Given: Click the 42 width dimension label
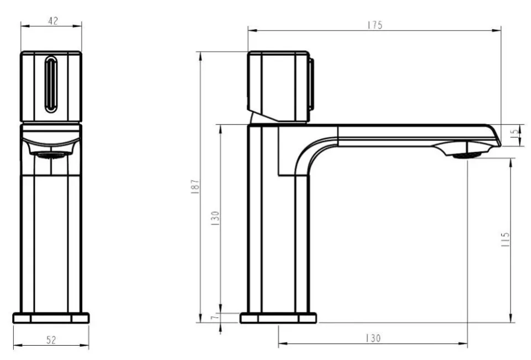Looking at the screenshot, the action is pos(53,21).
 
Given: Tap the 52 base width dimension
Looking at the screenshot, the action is pos(51,340).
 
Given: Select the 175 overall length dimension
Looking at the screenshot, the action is pos(375,25).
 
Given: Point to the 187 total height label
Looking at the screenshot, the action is pos(195,186).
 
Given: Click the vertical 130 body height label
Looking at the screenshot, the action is pos(215,218).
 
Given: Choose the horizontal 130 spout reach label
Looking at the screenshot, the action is pos(373,338).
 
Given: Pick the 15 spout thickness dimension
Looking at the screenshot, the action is pos(515,132).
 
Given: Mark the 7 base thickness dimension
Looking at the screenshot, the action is pos(214,318).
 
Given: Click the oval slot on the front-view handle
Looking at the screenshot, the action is pos(51,84).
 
